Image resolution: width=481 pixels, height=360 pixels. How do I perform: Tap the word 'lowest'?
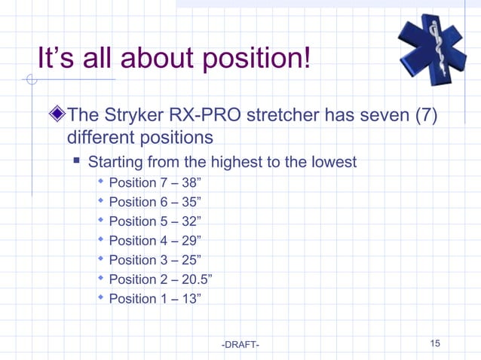tap(332, 162)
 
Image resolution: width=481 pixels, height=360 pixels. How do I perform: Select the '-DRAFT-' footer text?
tap(240, 345)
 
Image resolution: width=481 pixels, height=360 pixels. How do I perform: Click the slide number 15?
tap(435, 344)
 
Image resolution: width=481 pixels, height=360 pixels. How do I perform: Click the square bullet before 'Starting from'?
tap(78, 161)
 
